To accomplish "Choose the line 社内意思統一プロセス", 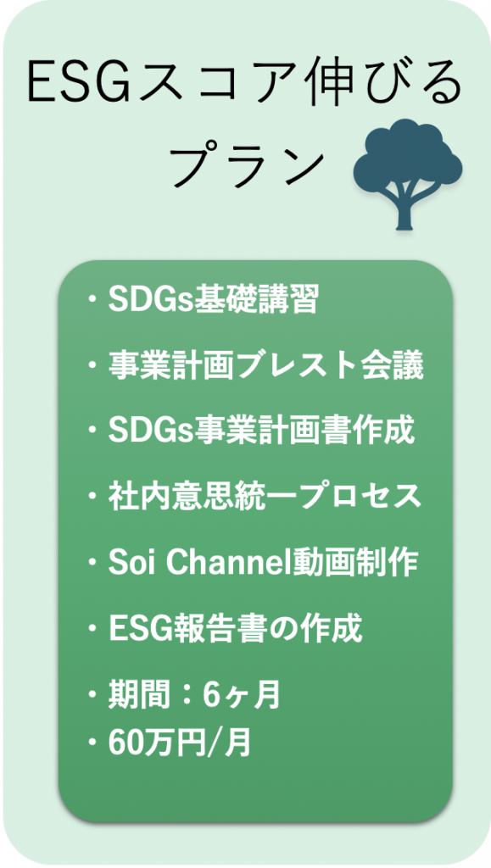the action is [x=265, y=498].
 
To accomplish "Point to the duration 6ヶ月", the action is [x=242, y=697].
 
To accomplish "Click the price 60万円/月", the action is [x=180, y=744].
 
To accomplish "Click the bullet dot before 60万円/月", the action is [x=92, y=745].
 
